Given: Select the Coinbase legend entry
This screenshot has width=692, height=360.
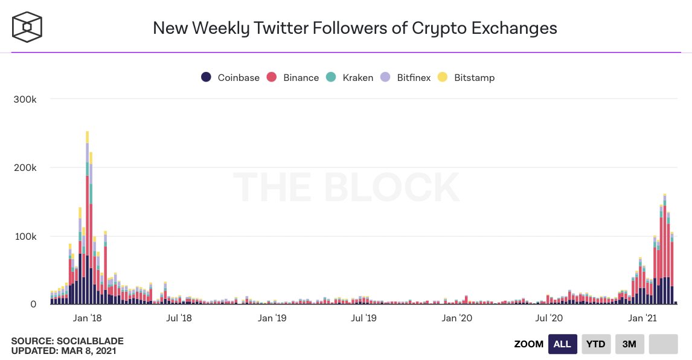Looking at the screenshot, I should [231, 77].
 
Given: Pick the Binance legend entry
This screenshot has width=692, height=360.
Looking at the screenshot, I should [293, 77].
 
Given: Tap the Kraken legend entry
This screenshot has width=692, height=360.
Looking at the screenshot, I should [350, 77].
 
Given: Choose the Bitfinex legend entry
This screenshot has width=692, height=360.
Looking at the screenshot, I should [406, 77].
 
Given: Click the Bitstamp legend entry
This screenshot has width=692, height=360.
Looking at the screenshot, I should [466, 77].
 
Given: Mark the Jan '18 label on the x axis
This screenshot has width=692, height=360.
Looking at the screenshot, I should [88, 318].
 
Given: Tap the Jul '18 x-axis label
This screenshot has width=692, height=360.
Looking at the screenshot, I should [178, 318].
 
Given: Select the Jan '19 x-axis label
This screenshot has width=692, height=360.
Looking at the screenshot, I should [272, 318].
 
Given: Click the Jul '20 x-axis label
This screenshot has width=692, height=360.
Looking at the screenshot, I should [549, 318].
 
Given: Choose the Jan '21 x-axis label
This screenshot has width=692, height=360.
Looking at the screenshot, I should [643, 318].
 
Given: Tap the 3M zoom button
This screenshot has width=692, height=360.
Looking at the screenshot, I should [629, 344].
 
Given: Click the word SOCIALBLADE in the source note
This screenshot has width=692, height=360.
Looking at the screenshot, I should [84, 341].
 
